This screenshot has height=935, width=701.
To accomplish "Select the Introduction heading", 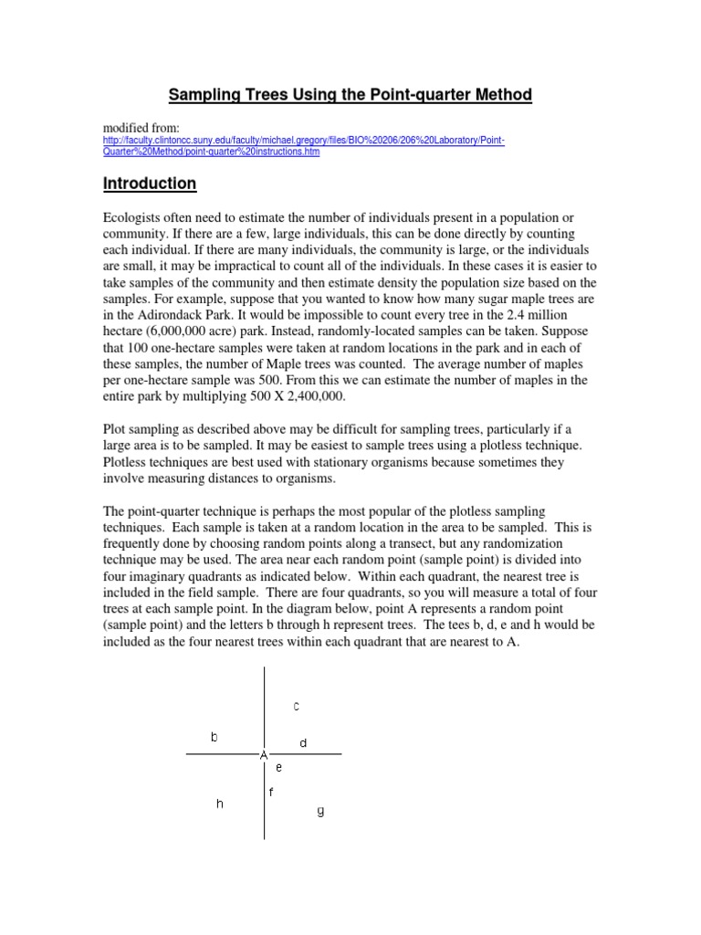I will click(150, 184).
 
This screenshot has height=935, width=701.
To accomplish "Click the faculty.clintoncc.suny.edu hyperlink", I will click(301, 142).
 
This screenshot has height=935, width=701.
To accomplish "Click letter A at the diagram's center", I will click(264, 755).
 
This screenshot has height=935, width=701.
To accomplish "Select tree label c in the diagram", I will click(297, 705).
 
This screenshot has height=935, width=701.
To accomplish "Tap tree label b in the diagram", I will click(214, 736).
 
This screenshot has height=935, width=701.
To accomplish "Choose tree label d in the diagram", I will click(304, 743).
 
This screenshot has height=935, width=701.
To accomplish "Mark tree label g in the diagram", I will click(319, 810).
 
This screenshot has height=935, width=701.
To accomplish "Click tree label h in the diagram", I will click(220, 804).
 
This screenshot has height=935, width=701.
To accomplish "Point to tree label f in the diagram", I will click(271, 792).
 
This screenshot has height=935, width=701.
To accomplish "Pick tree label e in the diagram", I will click(279, 768).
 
